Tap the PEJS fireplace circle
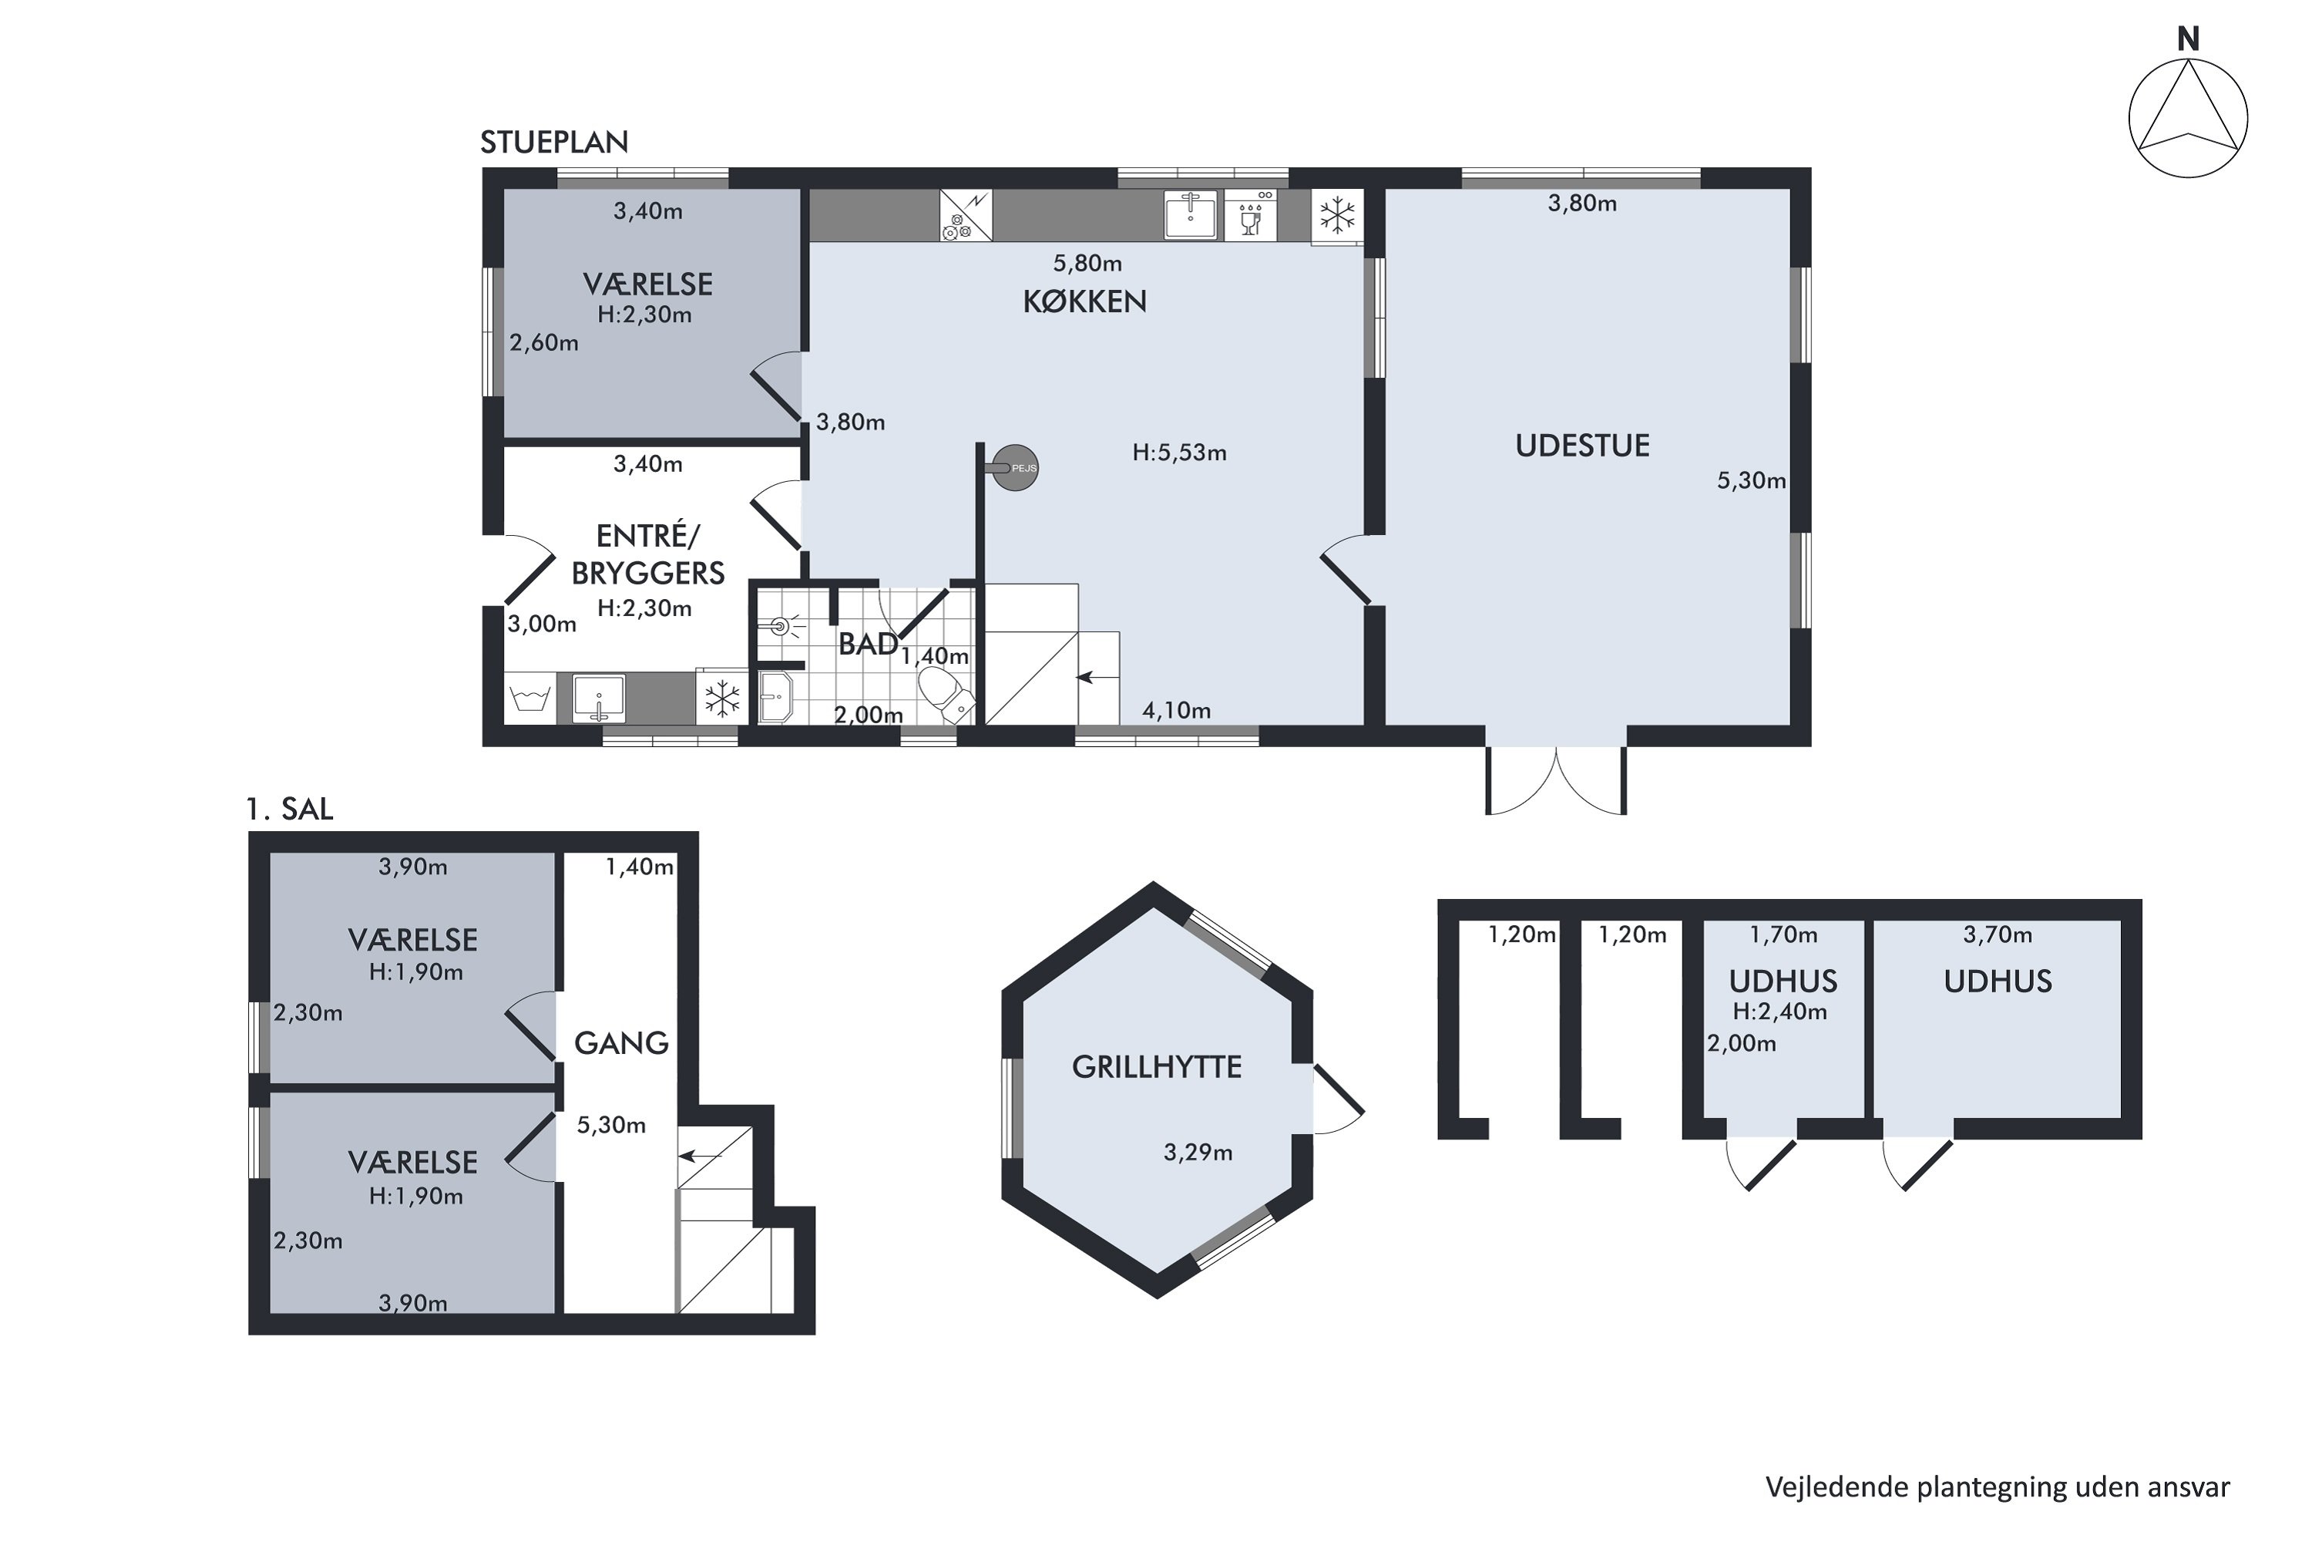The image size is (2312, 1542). point(1016,468)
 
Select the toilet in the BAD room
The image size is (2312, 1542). point(946,693)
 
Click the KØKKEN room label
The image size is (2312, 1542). point(1084,301)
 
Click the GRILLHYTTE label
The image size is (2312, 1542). point(1156,1067)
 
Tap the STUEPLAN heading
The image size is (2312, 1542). point(553,143)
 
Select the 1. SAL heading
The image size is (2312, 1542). point(290,810)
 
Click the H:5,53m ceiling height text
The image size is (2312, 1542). point(1180,453)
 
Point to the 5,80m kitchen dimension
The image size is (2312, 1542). point(1087,263)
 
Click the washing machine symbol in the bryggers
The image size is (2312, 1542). point(530,699)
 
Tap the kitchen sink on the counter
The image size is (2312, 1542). point(1191,215)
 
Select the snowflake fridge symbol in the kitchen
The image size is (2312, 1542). point(1337,214)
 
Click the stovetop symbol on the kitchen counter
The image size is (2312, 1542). point(966,215)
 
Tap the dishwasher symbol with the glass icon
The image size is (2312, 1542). point(1250,215)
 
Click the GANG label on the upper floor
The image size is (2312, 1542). point(621,1043)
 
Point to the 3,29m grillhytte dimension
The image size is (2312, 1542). point(1198,1153)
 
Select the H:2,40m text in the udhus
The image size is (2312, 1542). point(1780,1011)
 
